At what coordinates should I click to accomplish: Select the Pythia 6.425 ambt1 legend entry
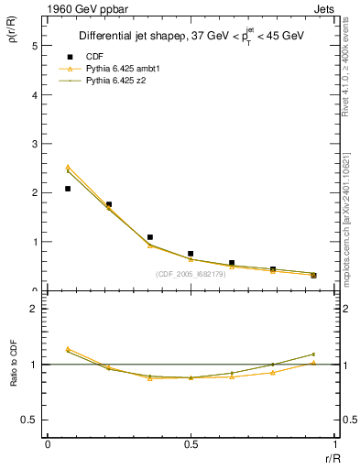click(x=122, y=69)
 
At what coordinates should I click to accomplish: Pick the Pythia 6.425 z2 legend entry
click(x=116, y=82)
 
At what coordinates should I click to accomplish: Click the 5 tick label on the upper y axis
click(x=34, y=45)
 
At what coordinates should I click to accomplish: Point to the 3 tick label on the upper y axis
click(x=34, y=144)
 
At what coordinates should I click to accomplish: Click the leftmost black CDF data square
click(x=68, y=189)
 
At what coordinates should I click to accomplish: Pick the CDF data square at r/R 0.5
click(x=191, y=254)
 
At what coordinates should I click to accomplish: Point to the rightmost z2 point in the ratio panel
click(x=313, y=354)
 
